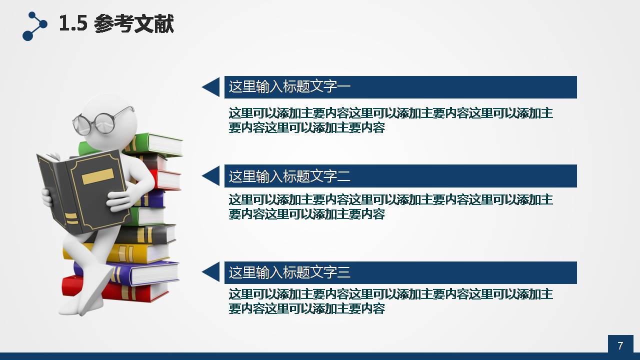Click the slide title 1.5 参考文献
click(x=116, y=24)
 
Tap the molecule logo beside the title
click(x=34, y=26)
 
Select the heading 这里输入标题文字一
click(x=289, y=87)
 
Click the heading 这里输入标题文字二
click(x=289, y=176)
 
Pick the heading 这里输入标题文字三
click(x=289, y=272)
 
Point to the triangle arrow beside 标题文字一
click(x=211, y=87)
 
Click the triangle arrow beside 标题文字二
click(x=211, y=176)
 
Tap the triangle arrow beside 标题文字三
click(x=211, y=272)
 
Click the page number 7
click(x=620, y=345)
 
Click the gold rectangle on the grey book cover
click(x=97, y=176)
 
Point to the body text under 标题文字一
click(x=390, y=120)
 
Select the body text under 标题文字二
click(x=390, y=206)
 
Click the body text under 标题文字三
click(x=390, y=301)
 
